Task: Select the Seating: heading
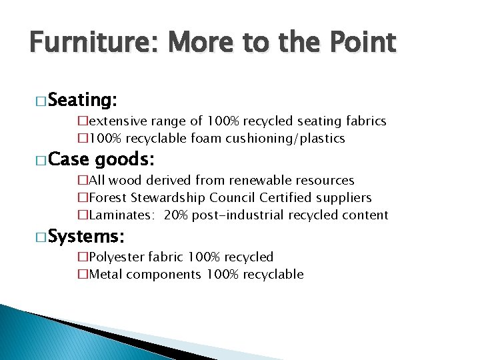tap(83, 101)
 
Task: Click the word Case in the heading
tap(69, 160)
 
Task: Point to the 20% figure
tap(176, 215)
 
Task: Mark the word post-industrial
tap(245, 215)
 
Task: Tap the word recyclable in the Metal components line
tap(271, 275)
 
